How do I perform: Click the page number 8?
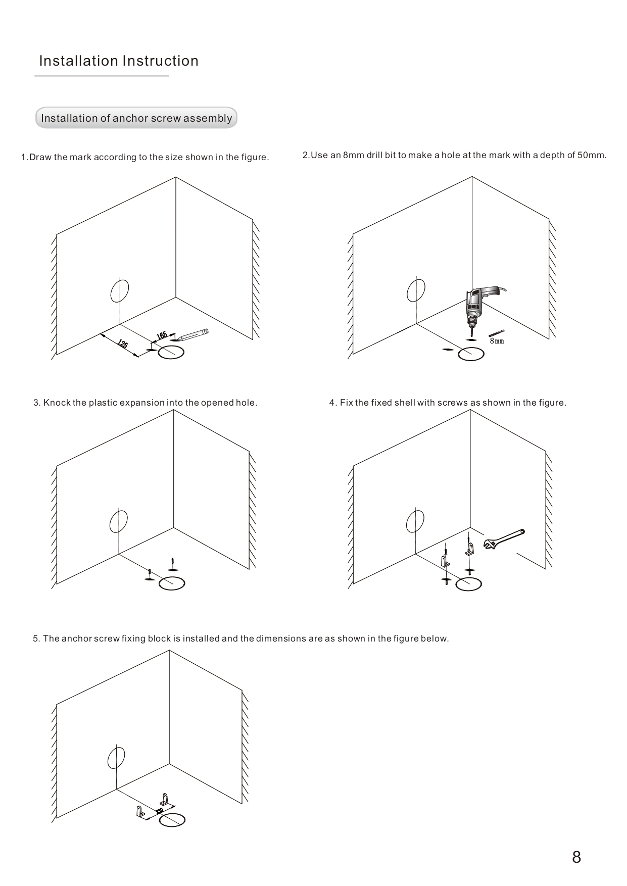[x=576, y=857]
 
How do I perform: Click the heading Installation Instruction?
[x=119, y=61]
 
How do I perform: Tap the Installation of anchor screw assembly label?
[x=136, y=118]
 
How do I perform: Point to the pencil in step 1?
[x=192, y=334]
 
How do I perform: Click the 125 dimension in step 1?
[x=122, y=344]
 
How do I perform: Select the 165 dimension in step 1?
[x=162, y=335]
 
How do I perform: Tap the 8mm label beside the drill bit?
[x=497, y=341]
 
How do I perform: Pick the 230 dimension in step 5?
[x=159, y=811]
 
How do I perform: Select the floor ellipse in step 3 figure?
[x=172, y=584]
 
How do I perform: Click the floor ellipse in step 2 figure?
[x=471, y=355]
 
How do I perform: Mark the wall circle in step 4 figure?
[x=415, y=521]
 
